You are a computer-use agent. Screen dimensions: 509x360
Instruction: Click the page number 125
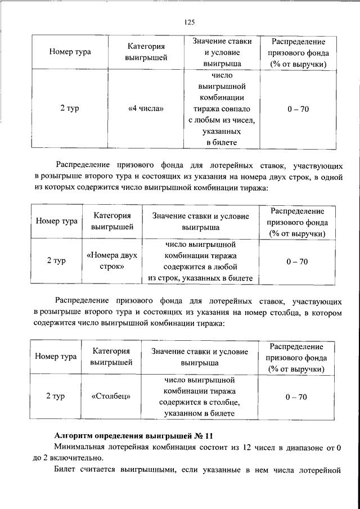[x=188, y=22]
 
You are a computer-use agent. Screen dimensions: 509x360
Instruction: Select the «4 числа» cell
[x=146, y=109]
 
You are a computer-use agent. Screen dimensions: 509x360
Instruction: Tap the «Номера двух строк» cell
[x=111, y=262]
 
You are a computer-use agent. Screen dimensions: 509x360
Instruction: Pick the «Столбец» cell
[x=111, y=397]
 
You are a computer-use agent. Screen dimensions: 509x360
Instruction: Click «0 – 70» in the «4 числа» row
[x=297, y=109]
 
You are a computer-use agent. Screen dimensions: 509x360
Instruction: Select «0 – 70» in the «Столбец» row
[x=296, y=397]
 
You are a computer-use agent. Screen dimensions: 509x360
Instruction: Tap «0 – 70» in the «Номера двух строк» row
[x=296, y=262]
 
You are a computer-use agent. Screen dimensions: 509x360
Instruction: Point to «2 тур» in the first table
[x=70, y=109]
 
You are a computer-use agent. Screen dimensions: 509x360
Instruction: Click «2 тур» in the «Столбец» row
[x=56, y=397]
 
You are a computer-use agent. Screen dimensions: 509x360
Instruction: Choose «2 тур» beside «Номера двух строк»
[x=56, y=262]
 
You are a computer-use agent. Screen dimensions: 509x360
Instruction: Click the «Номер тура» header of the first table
[x=70, y=52]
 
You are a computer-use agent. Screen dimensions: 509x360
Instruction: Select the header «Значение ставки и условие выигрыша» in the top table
[x=222, y=52]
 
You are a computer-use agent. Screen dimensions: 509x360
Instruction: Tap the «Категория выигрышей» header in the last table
[x=111, y=357]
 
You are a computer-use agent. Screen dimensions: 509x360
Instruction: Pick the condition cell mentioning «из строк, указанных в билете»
[x=200, y=262]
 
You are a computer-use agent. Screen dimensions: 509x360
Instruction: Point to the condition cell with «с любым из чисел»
[x=222, y=109]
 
